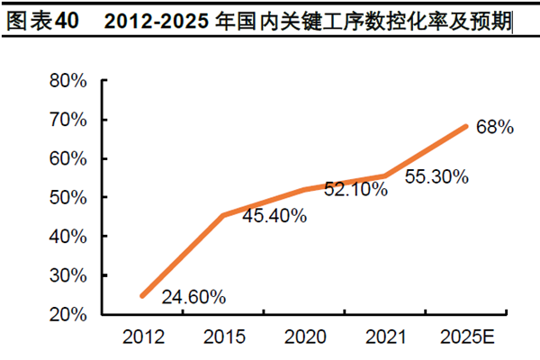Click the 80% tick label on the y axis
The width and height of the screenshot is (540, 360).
tap(67, 80)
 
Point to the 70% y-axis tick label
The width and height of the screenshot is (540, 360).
tap(67, 120)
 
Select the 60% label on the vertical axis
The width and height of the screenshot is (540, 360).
tap(67, 158)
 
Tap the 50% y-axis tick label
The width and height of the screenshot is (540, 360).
tap(67, 197)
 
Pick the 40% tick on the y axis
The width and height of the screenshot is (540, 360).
tap(67, 237)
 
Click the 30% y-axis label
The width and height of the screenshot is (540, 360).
tap(67, 275)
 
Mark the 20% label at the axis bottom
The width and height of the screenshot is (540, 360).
tap(67, 314)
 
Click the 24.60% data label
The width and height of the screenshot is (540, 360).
tap(193, 296)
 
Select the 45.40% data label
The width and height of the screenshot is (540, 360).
tap(274, 216)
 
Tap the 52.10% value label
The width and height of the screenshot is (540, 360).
tap(355, 189)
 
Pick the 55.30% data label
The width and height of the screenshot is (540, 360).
tap(436, 177)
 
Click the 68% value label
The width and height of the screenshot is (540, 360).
tap(495, 128)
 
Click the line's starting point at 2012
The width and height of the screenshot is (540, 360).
tap(141, 296)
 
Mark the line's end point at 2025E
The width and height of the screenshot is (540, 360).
tap(466, 126)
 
